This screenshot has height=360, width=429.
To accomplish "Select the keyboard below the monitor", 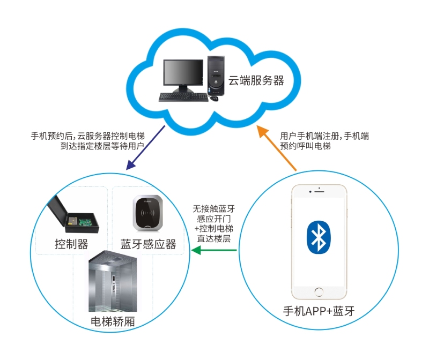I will coord(182,97).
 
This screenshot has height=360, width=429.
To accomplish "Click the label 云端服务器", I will coord(256,81).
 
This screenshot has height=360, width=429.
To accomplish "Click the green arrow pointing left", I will coord(214,251).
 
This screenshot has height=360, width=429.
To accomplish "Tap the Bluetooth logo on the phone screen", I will coord(319,236).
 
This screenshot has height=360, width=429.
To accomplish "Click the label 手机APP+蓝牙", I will coord(319,311).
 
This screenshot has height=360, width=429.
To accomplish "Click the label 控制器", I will coord(71,244).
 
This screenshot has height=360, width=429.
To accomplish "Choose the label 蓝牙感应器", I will coord(149,244).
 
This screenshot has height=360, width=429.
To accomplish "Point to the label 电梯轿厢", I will coord(113,322).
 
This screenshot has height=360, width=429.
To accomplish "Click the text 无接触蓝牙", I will coord(214,209).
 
